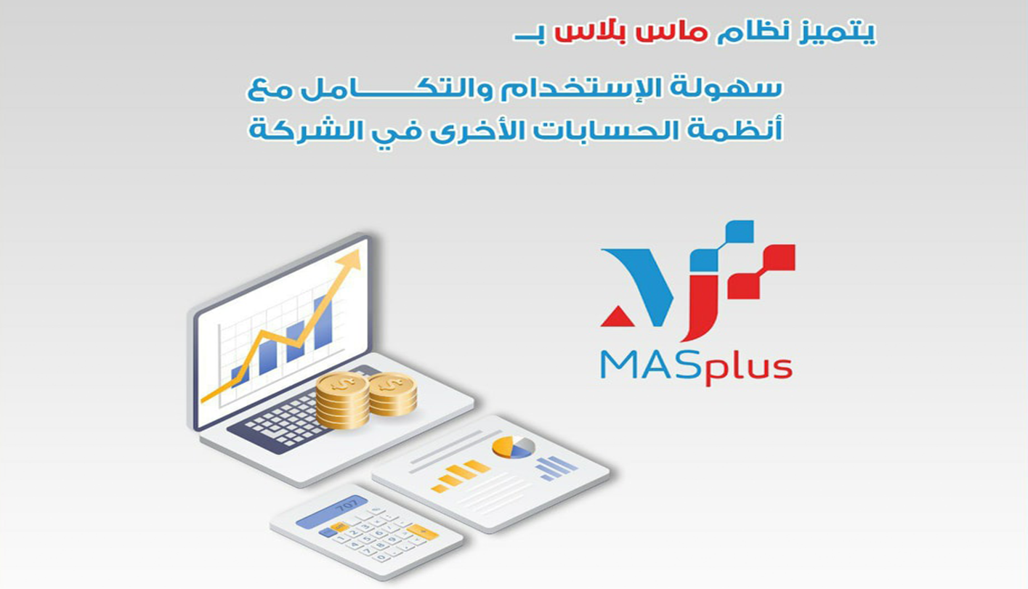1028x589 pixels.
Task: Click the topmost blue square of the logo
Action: tap(740, 232)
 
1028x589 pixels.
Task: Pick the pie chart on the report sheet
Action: tap(513, 447)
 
